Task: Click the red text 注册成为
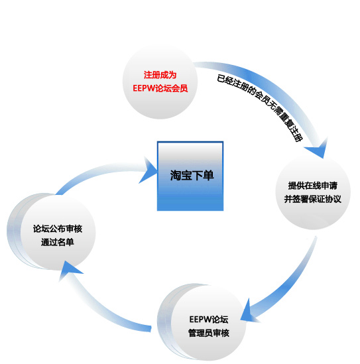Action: click(160, 75)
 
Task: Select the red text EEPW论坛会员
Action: click(160, 88)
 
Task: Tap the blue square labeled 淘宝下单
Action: click(190, 176)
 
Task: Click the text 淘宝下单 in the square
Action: click(192, 175)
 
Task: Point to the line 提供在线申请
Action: click(313, 186)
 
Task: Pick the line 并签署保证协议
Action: click(313, 199)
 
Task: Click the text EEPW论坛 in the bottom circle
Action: click(209, 320)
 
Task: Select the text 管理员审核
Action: click(209, 333)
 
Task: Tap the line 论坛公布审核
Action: click(58, 229)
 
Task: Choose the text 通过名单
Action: click(58, 242)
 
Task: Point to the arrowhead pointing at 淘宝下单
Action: click(148, 170)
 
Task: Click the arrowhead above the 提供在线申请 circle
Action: click(318, 149)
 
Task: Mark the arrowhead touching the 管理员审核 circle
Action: click(248, 311)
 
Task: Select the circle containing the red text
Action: click(160, 82)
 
